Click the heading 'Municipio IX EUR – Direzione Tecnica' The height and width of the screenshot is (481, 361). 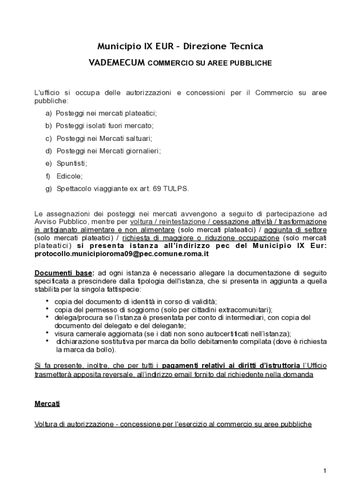180,46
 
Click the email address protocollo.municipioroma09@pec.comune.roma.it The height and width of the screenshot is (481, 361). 121,254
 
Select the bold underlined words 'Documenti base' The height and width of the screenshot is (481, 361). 64,273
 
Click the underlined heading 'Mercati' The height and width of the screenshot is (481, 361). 47,403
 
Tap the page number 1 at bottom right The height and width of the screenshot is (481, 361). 324,471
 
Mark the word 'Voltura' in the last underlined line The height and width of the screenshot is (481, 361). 46,424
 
